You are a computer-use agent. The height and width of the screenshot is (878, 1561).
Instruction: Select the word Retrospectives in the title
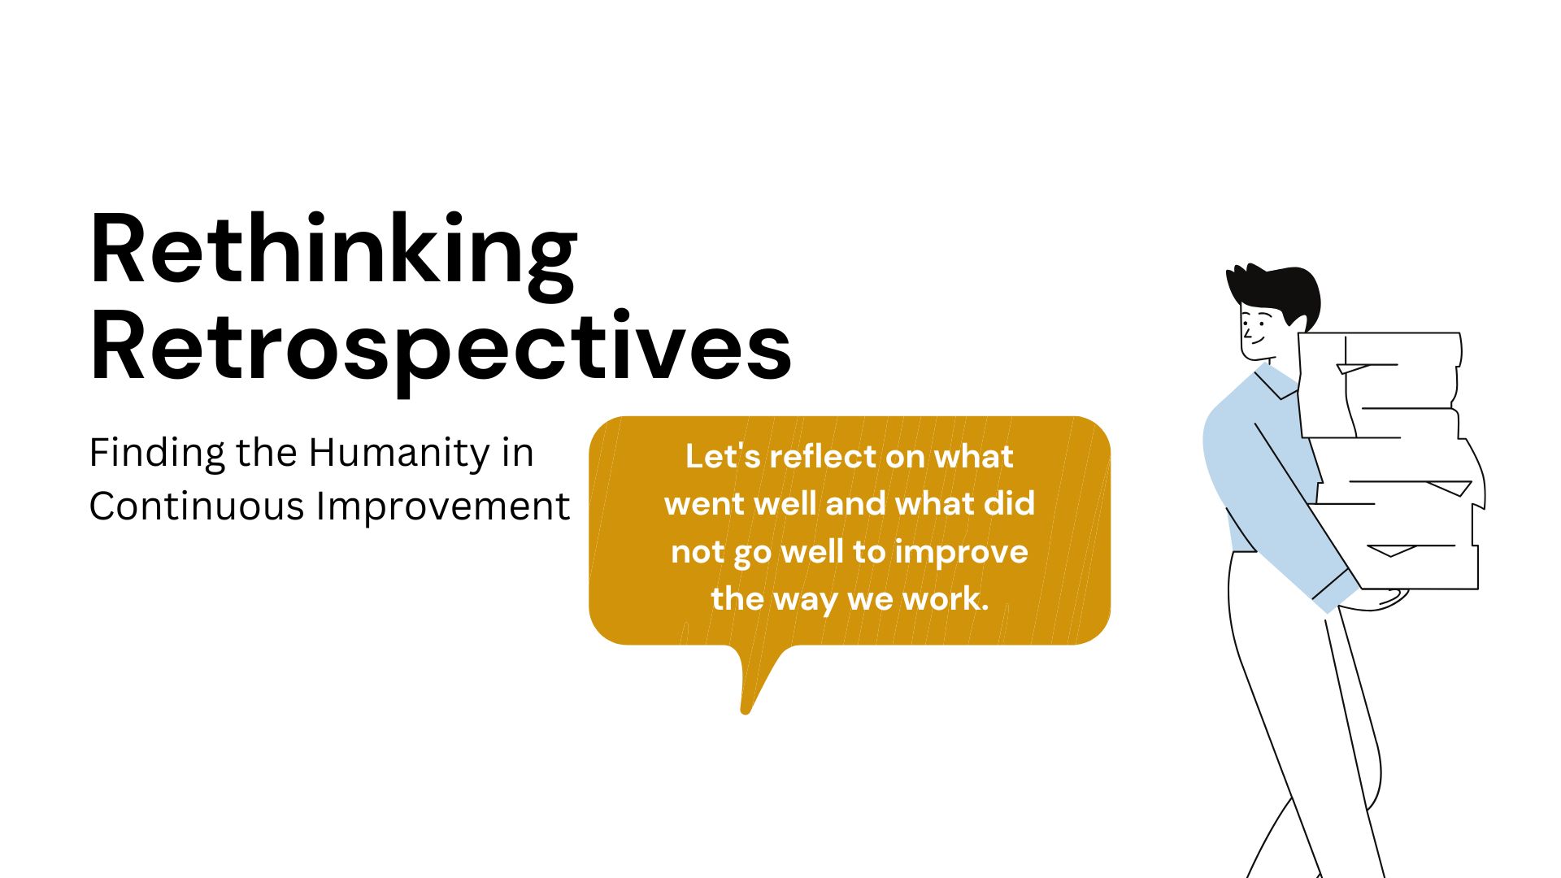point(440,348)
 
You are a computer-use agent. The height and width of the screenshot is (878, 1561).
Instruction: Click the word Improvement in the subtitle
point(443,506)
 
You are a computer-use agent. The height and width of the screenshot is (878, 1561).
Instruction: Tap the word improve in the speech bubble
point(961,552)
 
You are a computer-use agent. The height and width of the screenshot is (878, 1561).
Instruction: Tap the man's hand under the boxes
point(1382,600)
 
